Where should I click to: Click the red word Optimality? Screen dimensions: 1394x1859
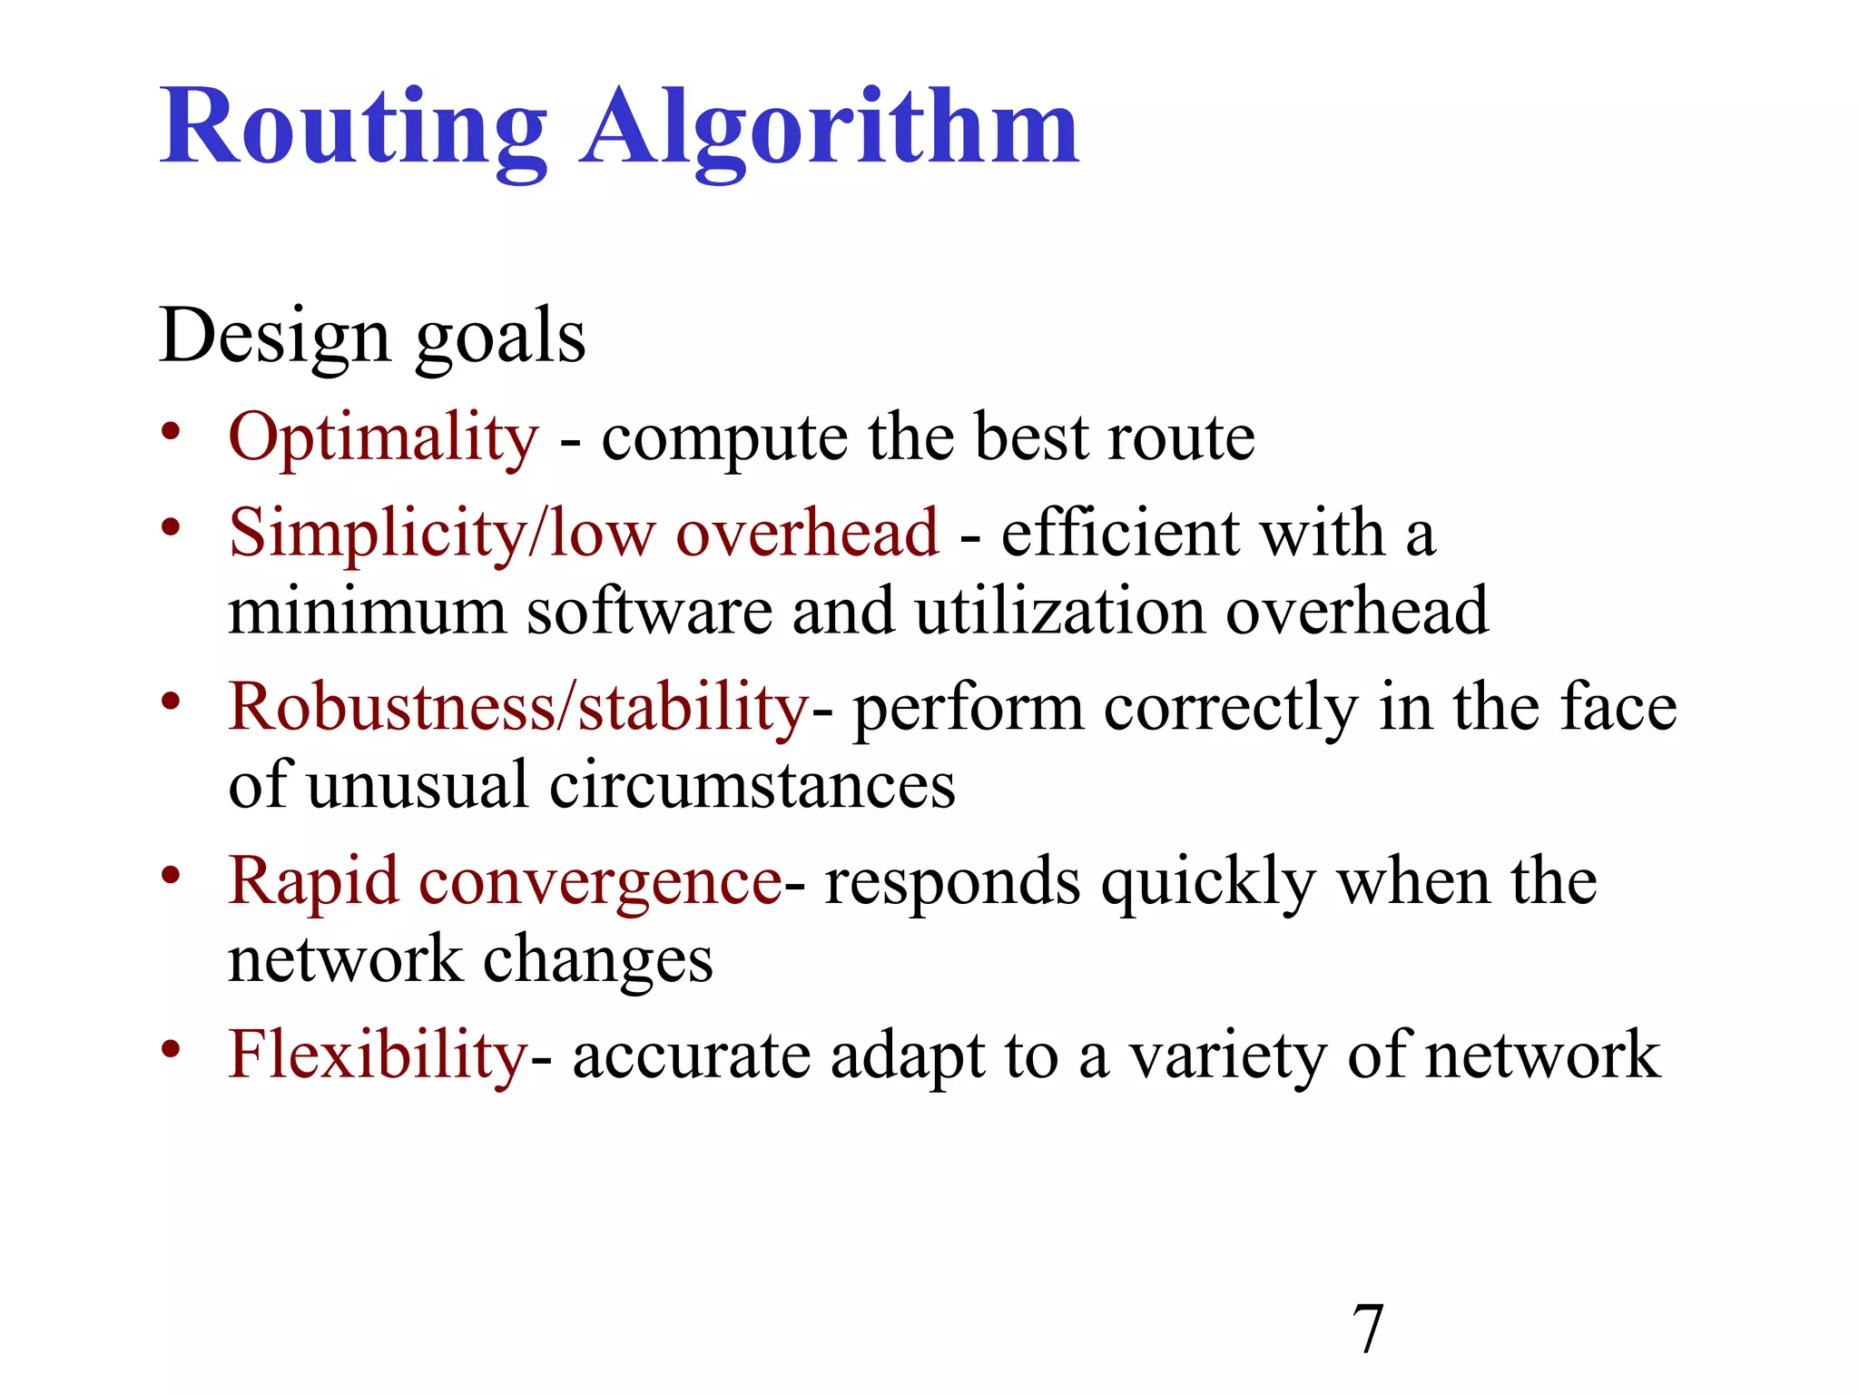point(384,439)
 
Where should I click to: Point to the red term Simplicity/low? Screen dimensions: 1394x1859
point(441,534)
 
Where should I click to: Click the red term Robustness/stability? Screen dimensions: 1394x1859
point(518,708)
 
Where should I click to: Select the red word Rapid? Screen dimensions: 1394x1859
point(313,882)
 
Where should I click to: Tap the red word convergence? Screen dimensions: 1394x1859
point(600,882)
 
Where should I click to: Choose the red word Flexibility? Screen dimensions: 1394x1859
point(378,1056)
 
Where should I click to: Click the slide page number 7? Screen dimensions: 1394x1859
point(1368,1330)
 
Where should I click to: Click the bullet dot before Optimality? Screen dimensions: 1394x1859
point(171,432)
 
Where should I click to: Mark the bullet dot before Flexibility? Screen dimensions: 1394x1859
point(171,1049)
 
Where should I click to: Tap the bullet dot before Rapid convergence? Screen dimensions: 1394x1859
point(171,875)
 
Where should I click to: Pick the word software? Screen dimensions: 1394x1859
point(649,612)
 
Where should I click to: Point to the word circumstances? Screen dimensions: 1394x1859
point(752,786)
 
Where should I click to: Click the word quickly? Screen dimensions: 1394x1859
point(1208,882)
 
